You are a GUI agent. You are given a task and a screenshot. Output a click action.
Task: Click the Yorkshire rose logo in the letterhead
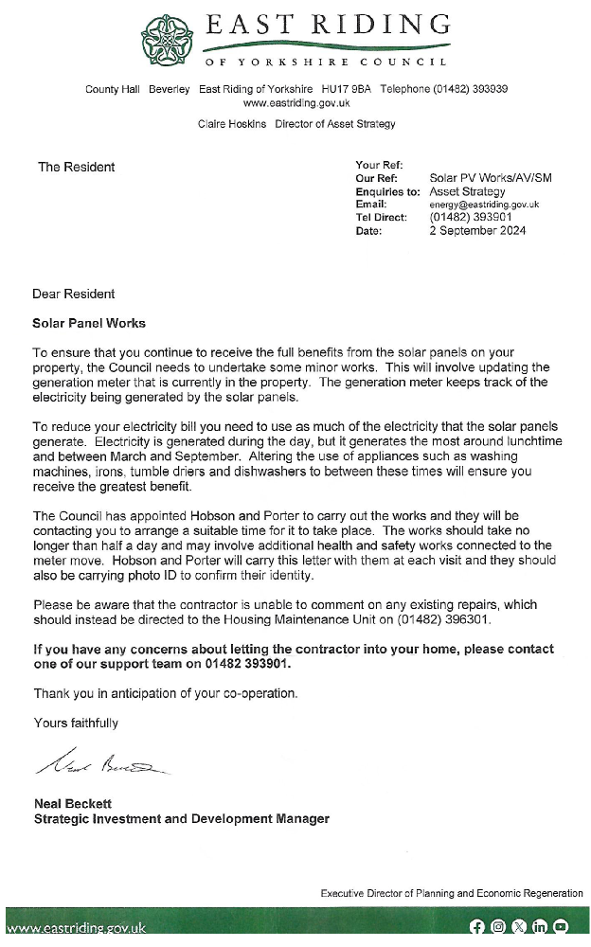coord(166,38)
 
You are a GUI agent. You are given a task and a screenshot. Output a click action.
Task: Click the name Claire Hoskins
coord(231,124)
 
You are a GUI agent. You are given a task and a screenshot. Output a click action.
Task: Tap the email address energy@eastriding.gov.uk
coord(484,204)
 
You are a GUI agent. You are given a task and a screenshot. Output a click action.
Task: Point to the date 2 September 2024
coord(477,230)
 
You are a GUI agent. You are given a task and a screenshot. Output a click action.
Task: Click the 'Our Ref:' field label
coord(376,178)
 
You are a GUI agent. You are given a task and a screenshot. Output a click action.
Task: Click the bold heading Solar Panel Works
coord(89,323)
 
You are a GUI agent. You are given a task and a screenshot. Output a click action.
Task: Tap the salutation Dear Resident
coord(74,294)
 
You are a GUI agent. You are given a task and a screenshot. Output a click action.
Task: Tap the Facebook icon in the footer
coord(476,927)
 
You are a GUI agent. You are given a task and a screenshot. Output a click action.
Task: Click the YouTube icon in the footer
coord(561,927)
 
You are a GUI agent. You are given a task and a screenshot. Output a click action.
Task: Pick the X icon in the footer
coord(519,927)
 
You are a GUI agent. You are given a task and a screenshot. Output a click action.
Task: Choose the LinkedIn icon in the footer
coord(540,927)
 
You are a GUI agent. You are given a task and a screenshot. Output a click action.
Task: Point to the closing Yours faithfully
coord(76,723)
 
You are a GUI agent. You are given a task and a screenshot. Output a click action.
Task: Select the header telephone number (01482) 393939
coord(472,89)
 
